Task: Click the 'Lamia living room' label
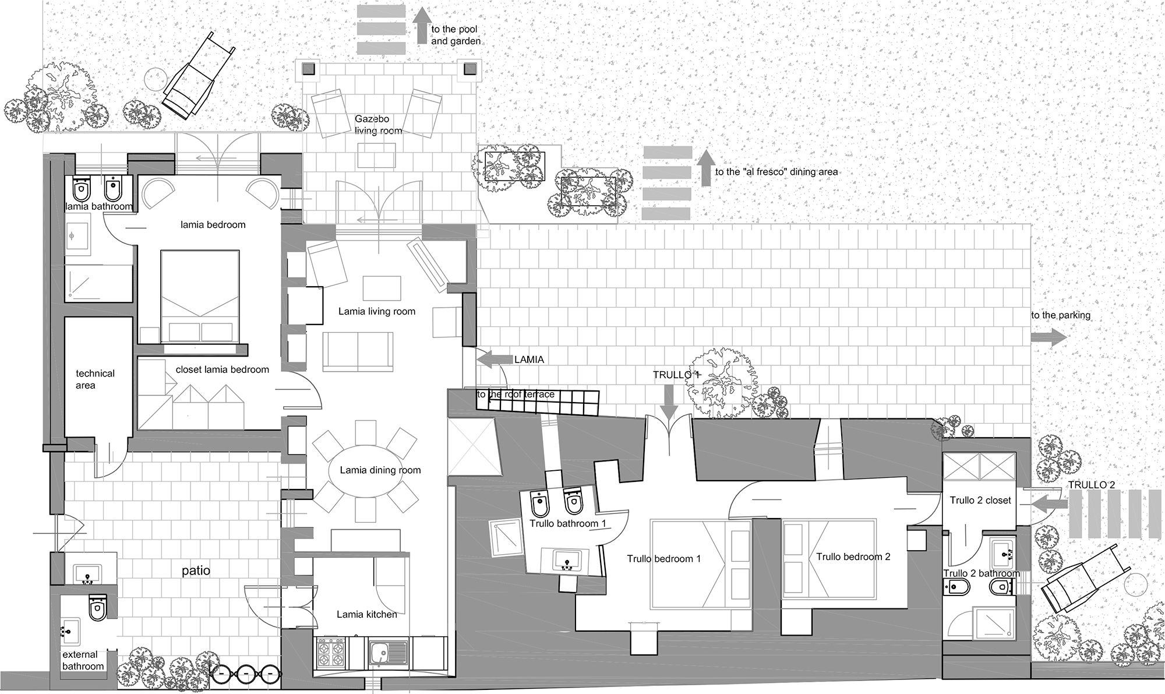coord(377,312)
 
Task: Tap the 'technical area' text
coord(95,379)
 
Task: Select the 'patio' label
coord(196,571)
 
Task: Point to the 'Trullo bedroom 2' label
coord(853,557)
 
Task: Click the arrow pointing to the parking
coord(1050,337)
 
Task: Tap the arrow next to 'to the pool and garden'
coord(419,27)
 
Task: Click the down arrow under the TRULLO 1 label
coord(669,403)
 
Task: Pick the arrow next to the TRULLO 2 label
coord(1046,503)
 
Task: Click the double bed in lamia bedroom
coord(199,296)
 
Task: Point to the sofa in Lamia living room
coord(358,351)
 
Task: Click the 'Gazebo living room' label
coord(378,125)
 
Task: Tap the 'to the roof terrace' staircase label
coord(516,394)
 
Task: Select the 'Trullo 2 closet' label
coord(980,501)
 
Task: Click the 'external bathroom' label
coord(83,660)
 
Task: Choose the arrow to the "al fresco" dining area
coord(705,168)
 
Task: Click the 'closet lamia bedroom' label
coord(222,369)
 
